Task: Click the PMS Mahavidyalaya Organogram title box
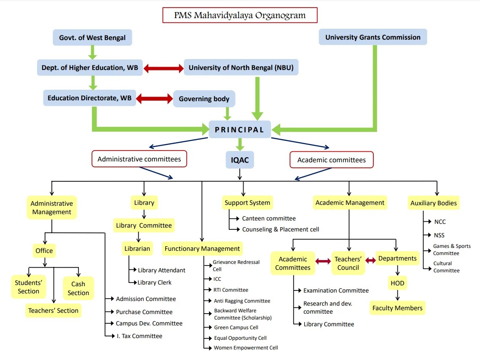pyautogui.click(x=240, y=16)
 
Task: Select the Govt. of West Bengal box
pyautogui.click(x=92, y=38)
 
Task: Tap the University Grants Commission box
pyautogui.click(x=373, y=37)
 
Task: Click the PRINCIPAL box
pyautogui.click(x=239, y=129)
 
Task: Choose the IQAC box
pyautogui.click(x=240, y=160)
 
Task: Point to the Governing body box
pyautogui.click(x=204, y=99)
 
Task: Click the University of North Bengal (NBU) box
pyautogui.click(x=241, y=67)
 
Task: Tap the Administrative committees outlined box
pyautogui.click(x=139, y=159)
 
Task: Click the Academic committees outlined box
pyautogui.click(x=332, y=160)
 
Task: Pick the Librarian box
pyautogui.click(x=137, y=249)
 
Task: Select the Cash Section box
pyautogui.click(x=78, y=288)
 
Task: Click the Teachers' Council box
pyautogui.click(x=348, y=263)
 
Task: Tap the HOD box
pyautogui.click(x=397, y=283)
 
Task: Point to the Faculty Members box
pyautogui.click(x=397, y=308)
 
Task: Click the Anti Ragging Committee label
pyautogui.click(x=242, y=301)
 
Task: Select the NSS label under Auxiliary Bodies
pyautogui.click(x=439, y=235)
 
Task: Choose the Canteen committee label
pyautogui.click(x=269, y=218)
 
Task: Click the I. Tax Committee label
pyautogui.click(x=139, y=336)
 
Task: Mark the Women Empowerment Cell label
pyautogui.click(x=246, y=348)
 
